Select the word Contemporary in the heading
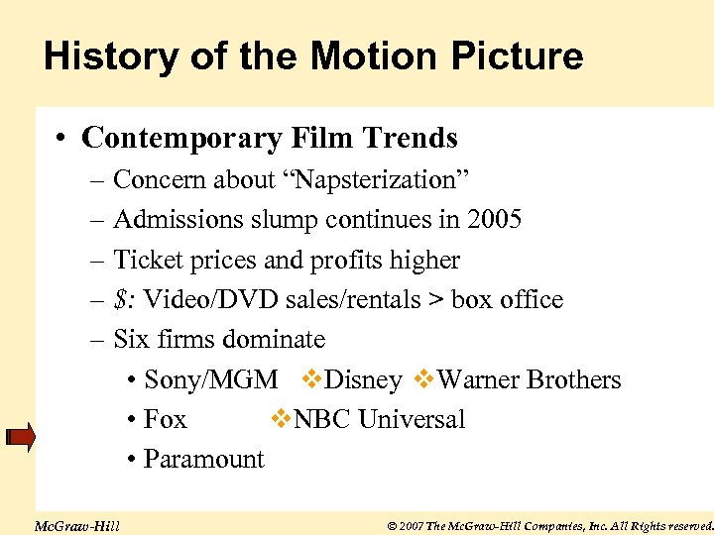tap(181, 138)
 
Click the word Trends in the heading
tap(413, 138)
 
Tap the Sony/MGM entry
tap(210, 380)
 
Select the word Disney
tap(363, 380)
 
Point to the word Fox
tap(165, 420)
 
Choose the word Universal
tap(411, 420)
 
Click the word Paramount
tap(203, 460)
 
